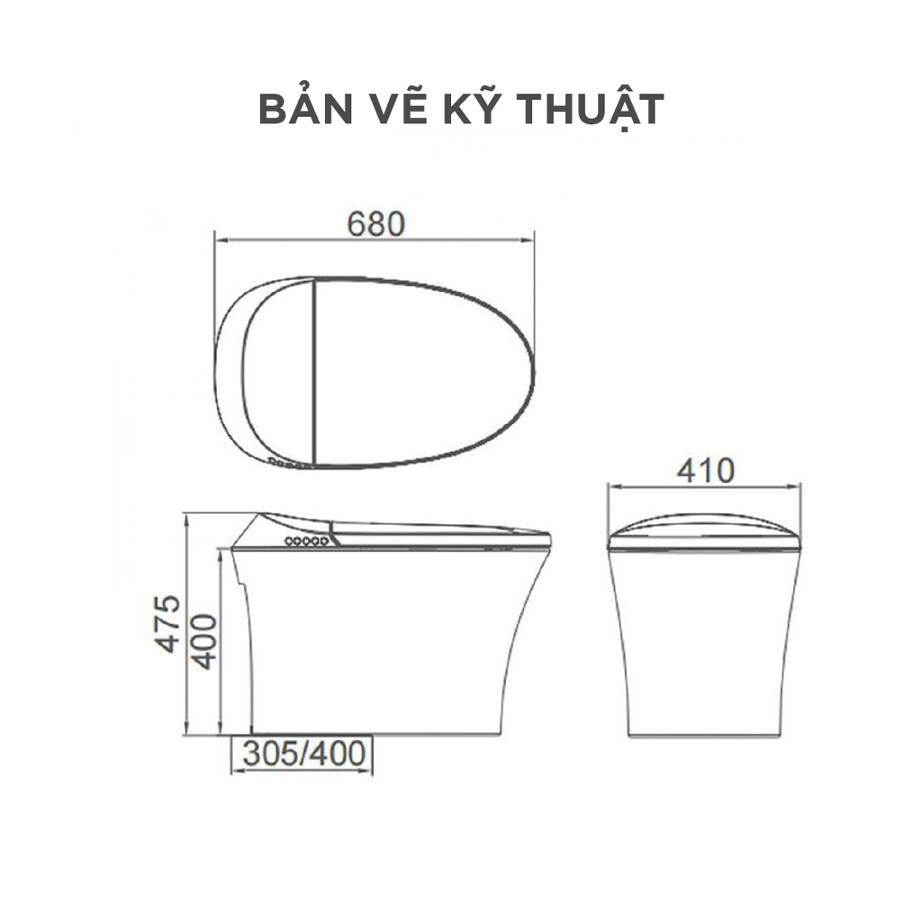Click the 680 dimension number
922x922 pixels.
(x=375, y=223)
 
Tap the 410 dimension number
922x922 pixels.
(x=706, y=470)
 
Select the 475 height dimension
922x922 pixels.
(x=167, y=623)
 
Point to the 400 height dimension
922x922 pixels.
(x=205, y=640)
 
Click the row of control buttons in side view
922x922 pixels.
(x=306, y=541)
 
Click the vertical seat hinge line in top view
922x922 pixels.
(x=313, y=371)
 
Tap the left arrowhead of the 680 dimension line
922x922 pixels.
(x=219, y=240)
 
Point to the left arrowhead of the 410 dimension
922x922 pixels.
(x=612, y=488)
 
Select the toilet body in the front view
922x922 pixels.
(x=704, y=639)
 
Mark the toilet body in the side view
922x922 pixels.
(x=387, y=639)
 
